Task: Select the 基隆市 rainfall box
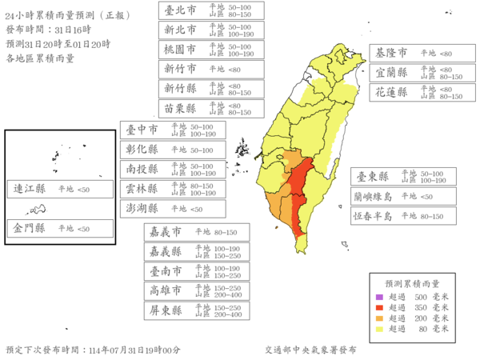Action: (415, 53)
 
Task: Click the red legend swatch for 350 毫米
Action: (379, 306)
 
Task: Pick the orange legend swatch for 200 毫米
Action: (379, 318)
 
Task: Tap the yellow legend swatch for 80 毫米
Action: (379, 328)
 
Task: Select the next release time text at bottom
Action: (92, 350)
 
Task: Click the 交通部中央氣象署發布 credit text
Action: (311, 350)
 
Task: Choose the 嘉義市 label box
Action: (197, 232)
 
